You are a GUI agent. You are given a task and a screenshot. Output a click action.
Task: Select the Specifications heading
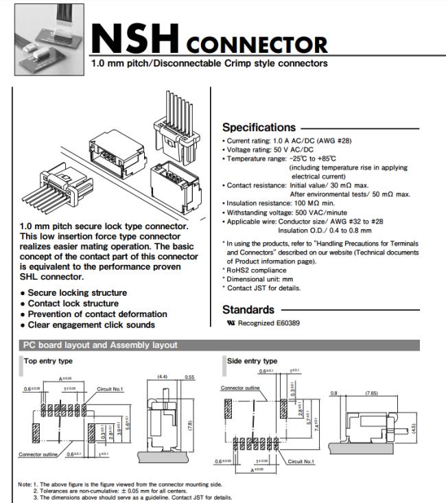(257, 127)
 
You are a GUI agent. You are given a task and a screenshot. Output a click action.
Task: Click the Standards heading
(248, 309)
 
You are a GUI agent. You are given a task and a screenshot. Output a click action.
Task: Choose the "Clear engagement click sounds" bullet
(91, 325)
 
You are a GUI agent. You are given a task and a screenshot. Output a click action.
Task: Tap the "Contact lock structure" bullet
(73, 303)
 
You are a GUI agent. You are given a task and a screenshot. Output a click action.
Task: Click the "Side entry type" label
(253, 360)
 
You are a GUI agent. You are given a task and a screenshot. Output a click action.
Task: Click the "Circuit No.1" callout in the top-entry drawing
(110, 389)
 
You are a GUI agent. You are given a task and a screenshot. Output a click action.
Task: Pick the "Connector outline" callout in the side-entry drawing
(239, 388)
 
